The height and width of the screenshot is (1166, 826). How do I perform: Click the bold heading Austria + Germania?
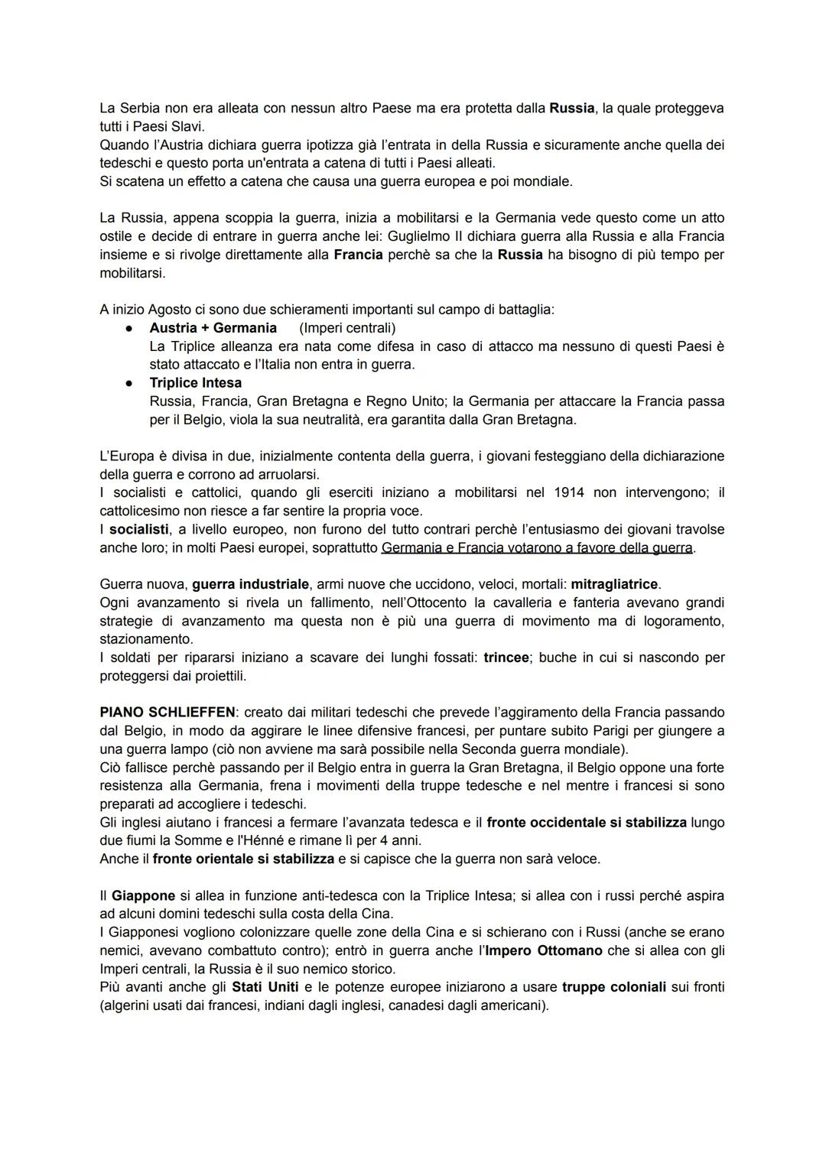click(213, 328)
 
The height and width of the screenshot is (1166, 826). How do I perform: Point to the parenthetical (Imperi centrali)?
click(347, 328)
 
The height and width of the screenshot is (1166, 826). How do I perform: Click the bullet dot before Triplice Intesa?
click(131, 383)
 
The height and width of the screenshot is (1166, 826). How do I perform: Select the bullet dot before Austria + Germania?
click(131, 328)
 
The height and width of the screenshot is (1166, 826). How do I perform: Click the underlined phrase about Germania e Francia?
click(537, 547)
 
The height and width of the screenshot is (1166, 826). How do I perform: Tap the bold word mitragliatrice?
click(614, 584)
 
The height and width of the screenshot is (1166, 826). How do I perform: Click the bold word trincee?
click(506, 658)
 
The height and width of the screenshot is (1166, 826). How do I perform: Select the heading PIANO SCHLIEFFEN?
click(167, 713)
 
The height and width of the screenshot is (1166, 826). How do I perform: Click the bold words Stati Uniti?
click(265, 987)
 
